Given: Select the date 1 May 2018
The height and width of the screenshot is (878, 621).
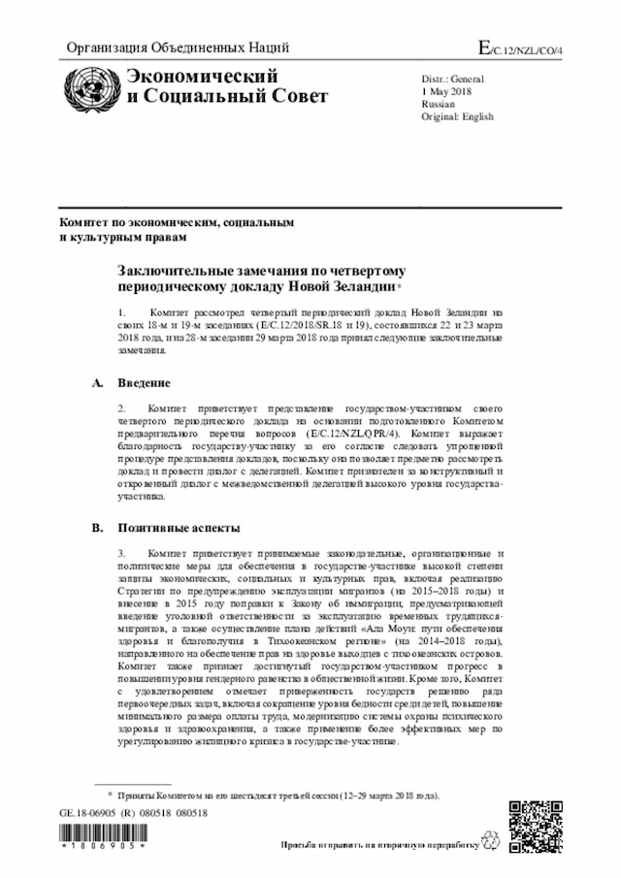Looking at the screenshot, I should point(446,89).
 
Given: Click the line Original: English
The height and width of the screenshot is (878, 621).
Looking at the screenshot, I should point(457,116).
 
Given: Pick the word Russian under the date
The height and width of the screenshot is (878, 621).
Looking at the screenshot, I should point(439,103).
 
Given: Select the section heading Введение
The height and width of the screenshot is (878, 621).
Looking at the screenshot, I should point(145,383).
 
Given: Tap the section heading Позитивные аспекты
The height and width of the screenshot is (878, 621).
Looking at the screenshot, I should point(174,529).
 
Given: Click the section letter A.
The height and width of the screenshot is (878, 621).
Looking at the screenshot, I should point(97,383).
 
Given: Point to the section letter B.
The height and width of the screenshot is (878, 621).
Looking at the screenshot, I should point(97,529).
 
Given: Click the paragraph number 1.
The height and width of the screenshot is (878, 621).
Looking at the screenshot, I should point(121,313).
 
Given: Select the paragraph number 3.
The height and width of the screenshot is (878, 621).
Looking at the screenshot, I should point(121,552).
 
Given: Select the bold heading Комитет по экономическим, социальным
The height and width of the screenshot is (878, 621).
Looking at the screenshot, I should point(175,222).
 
